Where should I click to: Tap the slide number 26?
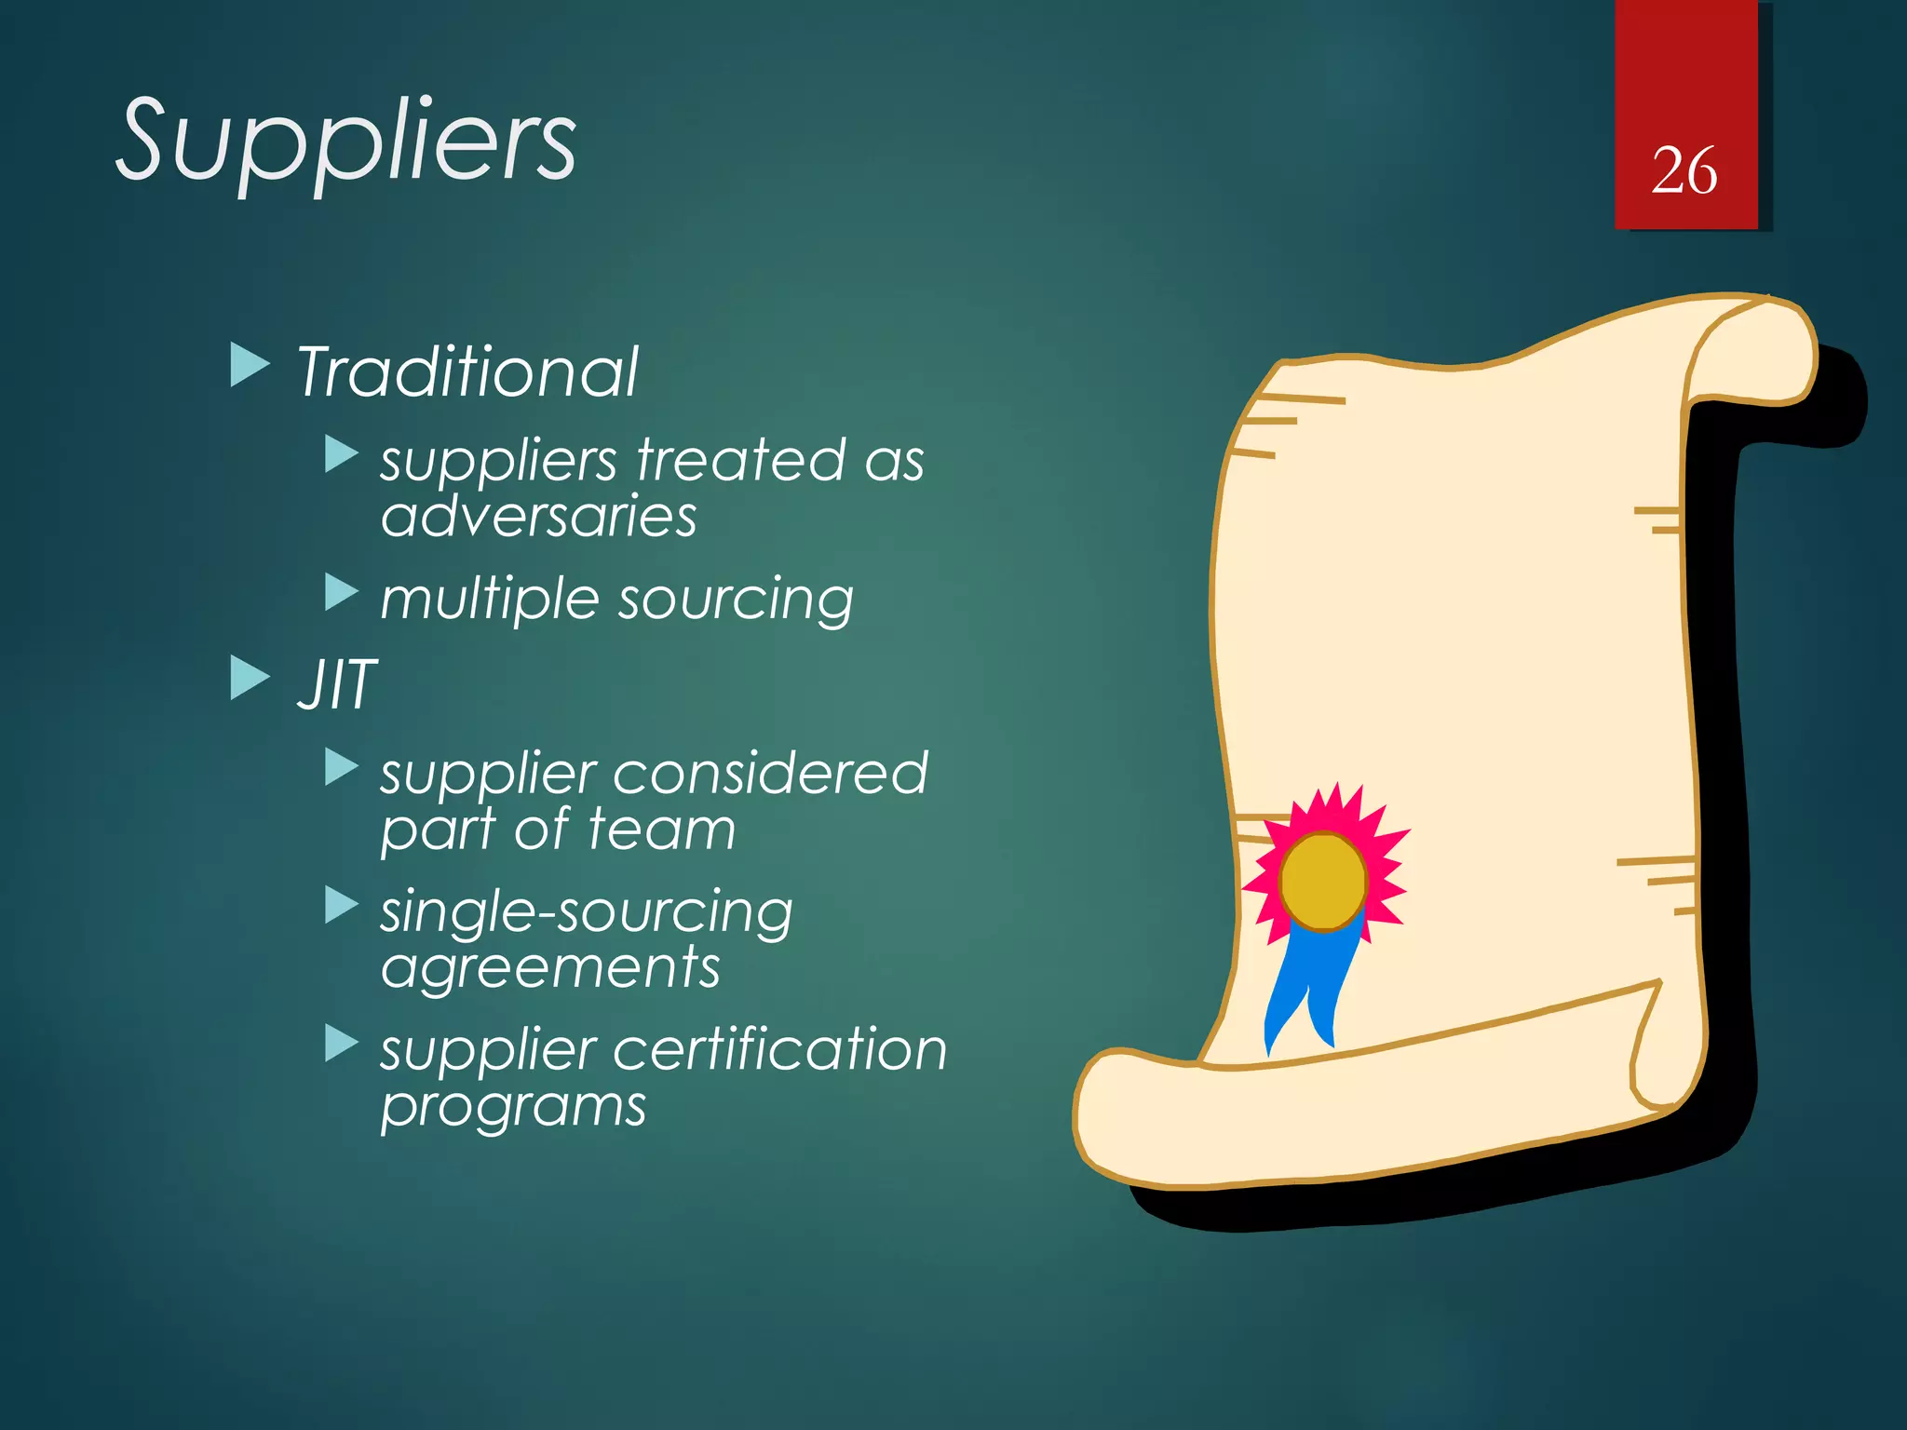click(1684, 171)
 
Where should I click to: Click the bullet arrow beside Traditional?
click(249, 365)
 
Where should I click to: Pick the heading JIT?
click(337, 685)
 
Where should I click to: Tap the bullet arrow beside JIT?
click(249, 678)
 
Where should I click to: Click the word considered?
click(770, 773)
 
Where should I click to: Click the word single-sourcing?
click(587, 912)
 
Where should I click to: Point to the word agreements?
click(550, 968)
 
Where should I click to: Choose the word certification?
click(779, 1050)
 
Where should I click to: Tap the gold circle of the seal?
click(1322, 881)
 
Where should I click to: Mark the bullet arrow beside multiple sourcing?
click(341, 592)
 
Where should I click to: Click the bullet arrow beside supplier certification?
click(341, 1044)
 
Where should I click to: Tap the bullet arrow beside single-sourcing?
click(341, 905)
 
